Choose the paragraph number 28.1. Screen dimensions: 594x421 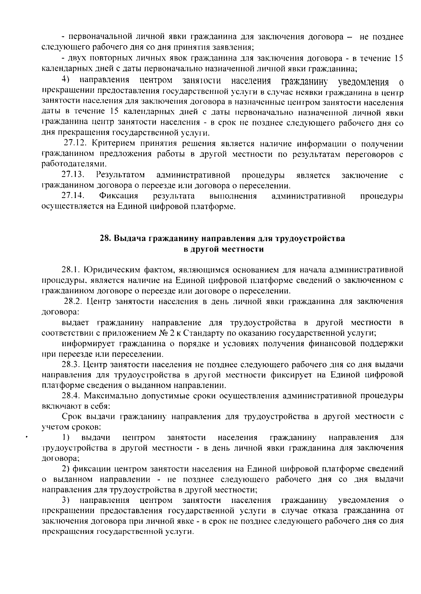pyautogui.click(x=72, y=270)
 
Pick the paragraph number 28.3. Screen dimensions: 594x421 pyautogui.click(x=72, y=365)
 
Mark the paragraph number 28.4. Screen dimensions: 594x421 pyautogui.click(x=72, y=396)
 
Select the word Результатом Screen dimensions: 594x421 pyautogui.click(x=120, y=175)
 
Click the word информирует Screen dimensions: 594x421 pyautogui.click(x=89, y=343)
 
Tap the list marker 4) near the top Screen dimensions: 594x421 pyautogui.click(x=65, y=80)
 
